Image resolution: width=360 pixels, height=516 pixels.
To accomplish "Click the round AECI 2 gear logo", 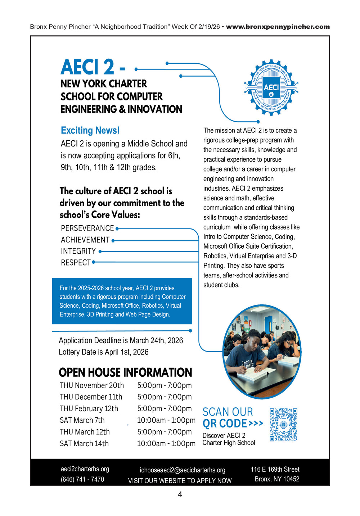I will (x=271, y=87).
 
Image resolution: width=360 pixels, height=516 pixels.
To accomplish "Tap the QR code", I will (x=283, y=425).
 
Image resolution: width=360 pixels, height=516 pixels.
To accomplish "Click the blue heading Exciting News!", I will (x=90, y=130).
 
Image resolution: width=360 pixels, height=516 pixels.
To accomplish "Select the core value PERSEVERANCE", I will (x=87, y=228).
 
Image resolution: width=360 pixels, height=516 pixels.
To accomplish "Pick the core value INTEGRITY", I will (x=78, y=251).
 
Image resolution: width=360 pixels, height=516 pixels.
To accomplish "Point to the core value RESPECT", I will (x=76, y=263).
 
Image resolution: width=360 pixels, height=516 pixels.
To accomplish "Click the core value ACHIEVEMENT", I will (x=85, y=240).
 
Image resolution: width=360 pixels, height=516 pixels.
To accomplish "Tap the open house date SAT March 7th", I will (x=82, y=420).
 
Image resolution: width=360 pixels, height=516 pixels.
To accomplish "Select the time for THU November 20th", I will (x=164, y=385).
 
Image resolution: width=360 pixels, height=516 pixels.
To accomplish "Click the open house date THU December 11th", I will (x=91, y=397).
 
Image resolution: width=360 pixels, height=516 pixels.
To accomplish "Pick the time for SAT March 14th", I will (x=166, y=444).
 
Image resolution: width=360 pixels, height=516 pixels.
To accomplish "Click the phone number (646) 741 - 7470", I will (x=82, y=479).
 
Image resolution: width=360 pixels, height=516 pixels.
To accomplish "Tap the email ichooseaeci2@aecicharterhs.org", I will (x=183, y=470).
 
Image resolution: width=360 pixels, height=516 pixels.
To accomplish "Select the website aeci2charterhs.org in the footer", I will (x=85, y=469).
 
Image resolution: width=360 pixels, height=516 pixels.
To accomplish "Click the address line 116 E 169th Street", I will (x=275, y=469).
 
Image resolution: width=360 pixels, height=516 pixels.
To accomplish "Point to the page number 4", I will (x=180, y=495).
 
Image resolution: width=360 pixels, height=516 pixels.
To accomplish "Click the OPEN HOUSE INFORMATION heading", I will (x=125, y=372).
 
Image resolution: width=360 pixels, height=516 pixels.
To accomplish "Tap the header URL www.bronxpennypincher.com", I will (x=278, y=27).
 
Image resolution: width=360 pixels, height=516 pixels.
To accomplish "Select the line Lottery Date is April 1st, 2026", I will (x=104, y=352).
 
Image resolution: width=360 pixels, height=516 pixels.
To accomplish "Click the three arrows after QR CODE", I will (x=256, y=424).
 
